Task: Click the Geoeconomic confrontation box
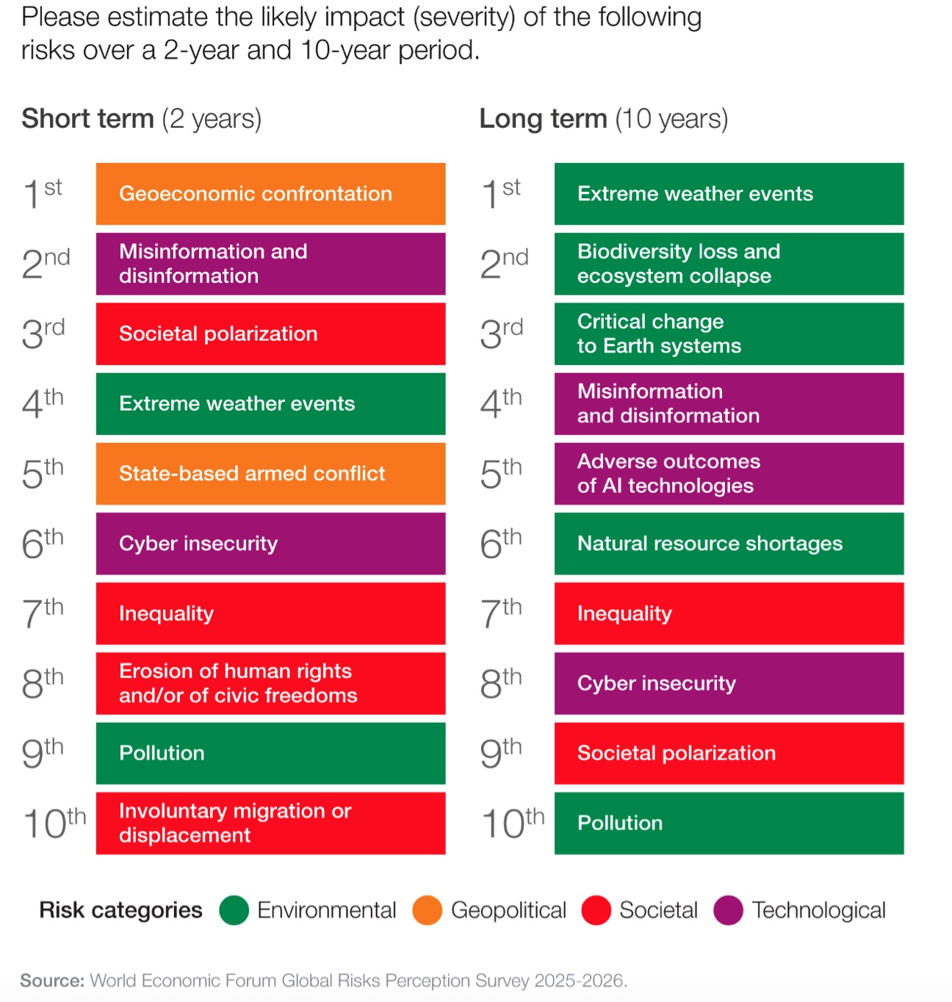click(270, 194)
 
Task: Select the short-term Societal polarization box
click(270, 334)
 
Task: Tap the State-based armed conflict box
click(270, 474)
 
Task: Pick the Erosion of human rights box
click(270, 683)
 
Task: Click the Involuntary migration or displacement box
click(270, 823)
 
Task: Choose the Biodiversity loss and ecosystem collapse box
click(729, 264)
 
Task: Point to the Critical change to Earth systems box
click(729, 334)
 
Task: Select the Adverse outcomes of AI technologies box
click(729, 474)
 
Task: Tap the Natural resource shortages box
click(729, 544)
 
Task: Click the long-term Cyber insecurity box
click(729, 683)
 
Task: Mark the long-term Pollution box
click(729, 823)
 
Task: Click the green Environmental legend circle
click(234, 910)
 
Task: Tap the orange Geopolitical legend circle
click(428, 910)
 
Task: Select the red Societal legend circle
click(596, 910)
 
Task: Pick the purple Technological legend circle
click(728, 910)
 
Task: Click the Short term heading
click(141, 119)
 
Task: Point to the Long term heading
click(603, 119)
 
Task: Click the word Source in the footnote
click(51, 981)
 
